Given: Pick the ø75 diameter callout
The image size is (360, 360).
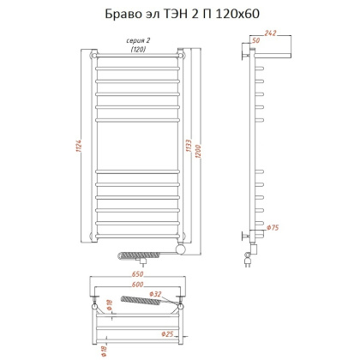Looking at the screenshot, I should pyautogui.click(x=272, y=226).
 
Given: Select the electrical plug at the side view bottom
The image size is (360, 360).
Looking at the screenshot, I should pyautogui.click(x=251, y=256).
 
